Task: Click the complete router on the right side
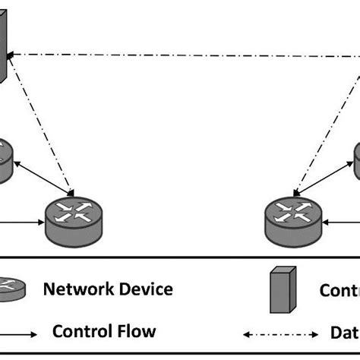tap(292, 220)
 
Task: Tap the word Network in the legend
tap(74, 289)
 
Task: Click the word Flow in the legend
tap(137, 331)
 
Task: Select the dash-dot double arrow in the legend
tap(280, 333)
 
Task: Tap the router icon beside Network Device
tap(11, 290)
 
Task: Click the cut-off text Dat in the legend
tap(344, 332)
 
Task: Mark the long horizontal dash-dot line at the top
tap(182, 55)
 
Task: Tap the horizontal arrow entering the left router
tap(21, 223)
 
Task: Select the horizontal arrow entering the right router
tap(340, 223)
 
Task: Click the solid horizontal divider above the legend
tap(180, 257)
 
